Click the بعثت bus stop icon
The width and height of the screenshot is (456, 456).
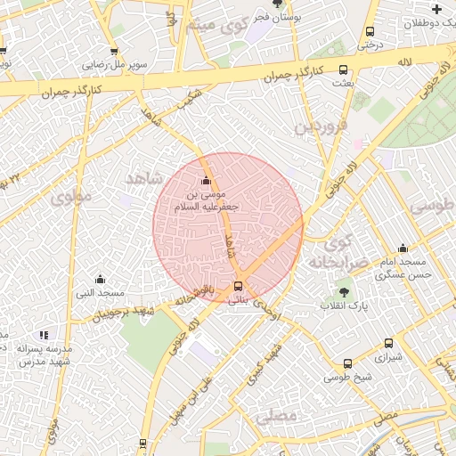[344, 70]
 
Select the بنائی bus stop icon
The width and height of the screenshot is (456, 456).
[238, 287]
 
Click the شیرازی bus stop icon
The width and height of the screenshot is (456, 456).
[388, 344]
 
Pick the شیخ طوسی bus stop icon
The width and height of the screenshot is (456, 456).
[347, 363]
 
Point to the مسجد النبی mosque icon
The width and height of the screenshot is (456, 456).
[100, 279]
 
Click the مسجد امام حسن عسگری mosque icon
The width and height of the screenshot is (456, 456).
[403, 248]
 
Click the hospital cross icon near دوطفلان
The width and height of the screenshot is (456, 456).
[436, 9]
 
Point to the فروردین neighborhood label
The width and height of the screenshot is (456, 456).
[319, 126]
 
